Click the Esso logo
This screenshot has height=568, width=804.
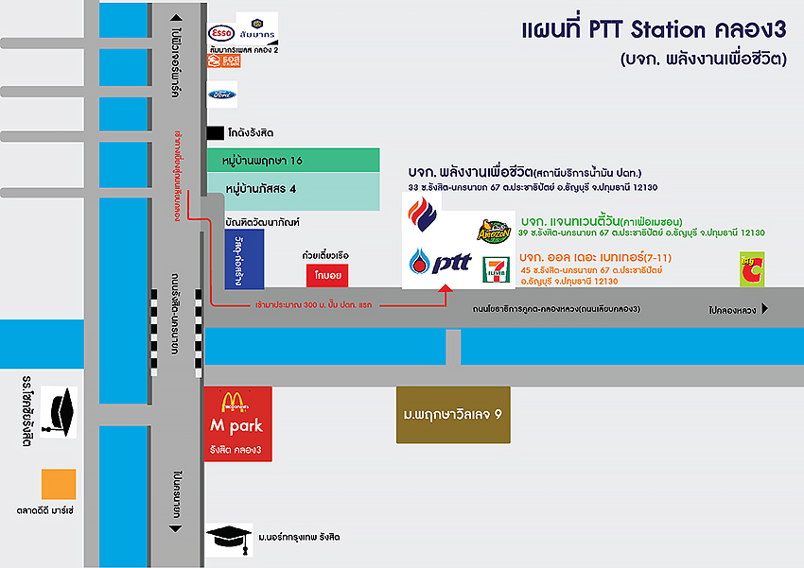point(220,33)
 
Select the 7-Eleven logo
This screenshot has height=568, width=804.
point(495,267)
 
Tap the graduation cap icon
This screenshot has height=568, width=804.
point(228,538)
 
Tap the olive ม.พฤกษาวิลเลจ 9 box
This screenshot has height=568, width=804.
point(452,415)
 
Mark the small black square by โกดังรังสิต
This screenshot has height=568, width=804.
point(216,133)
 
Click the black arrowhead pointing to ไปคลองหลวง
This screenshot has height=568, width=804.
point(765,308)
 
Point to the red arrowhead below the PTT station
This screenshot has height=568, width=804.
point(446,290)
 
